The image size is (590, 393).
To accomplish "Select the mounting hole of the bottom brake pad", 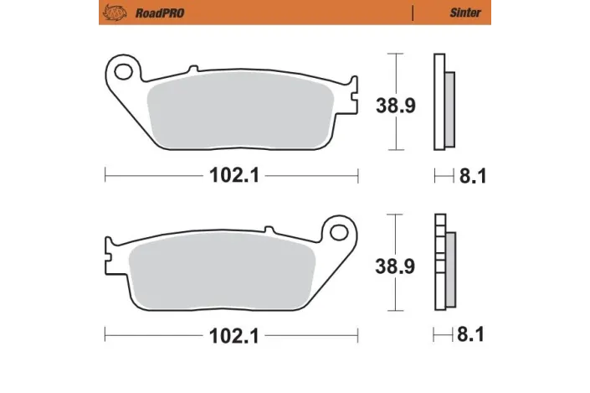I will pos(339,230).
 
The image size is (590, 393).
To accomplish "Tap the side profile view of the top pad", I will pos(443,102).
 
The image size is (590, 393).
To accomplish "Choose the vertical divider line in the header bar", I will pos(413,13).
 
